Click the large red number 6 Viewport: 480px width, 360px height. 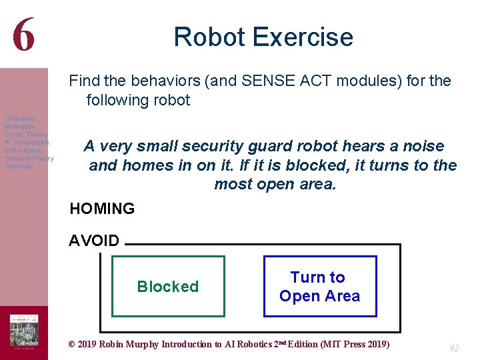pyautogui.click(x=23, y=35)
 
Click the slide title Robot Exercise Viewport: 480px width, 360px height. pyautogui.click(x=263, y=37)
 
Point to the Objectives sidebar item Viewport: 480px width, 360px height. pyautogui.click(x=20, y=119)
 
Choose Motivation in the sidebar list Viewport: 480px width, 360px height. pyautogui.click(x=20, y=127)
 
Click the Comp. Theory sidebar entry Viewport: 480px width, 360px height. pyautogui.click(x=26, y=135)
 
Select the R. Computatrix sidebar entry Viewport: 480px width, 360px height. pyautogui.click(x=27, y=143)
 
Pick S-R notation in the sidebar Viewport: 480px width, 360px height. pyautogui.click(x=23, y=151)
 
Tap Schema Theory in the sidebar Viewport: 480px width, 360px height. pyautogui.click(x=29, y=159)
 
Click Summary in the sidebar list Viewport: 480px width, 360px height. pyautogui.click(x=19, y=167)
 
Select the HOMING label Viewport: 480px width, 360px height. pyautogui.click(x=102, y=209)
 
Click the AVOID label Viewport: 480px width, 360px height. pyautogui.click(x=94, y=241)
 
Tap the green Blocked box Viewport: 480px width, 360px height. pyautogui.click(x=168, y=287)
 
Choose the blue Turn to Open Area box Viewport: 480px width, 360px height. pyautogui.click(x=319, y=287)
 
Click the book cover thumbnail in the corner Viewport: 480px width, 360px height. pyautogui.click(x=23, y=332)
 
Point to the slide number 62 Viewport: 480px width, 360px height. pyautogui.click(x=455, y=348)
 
